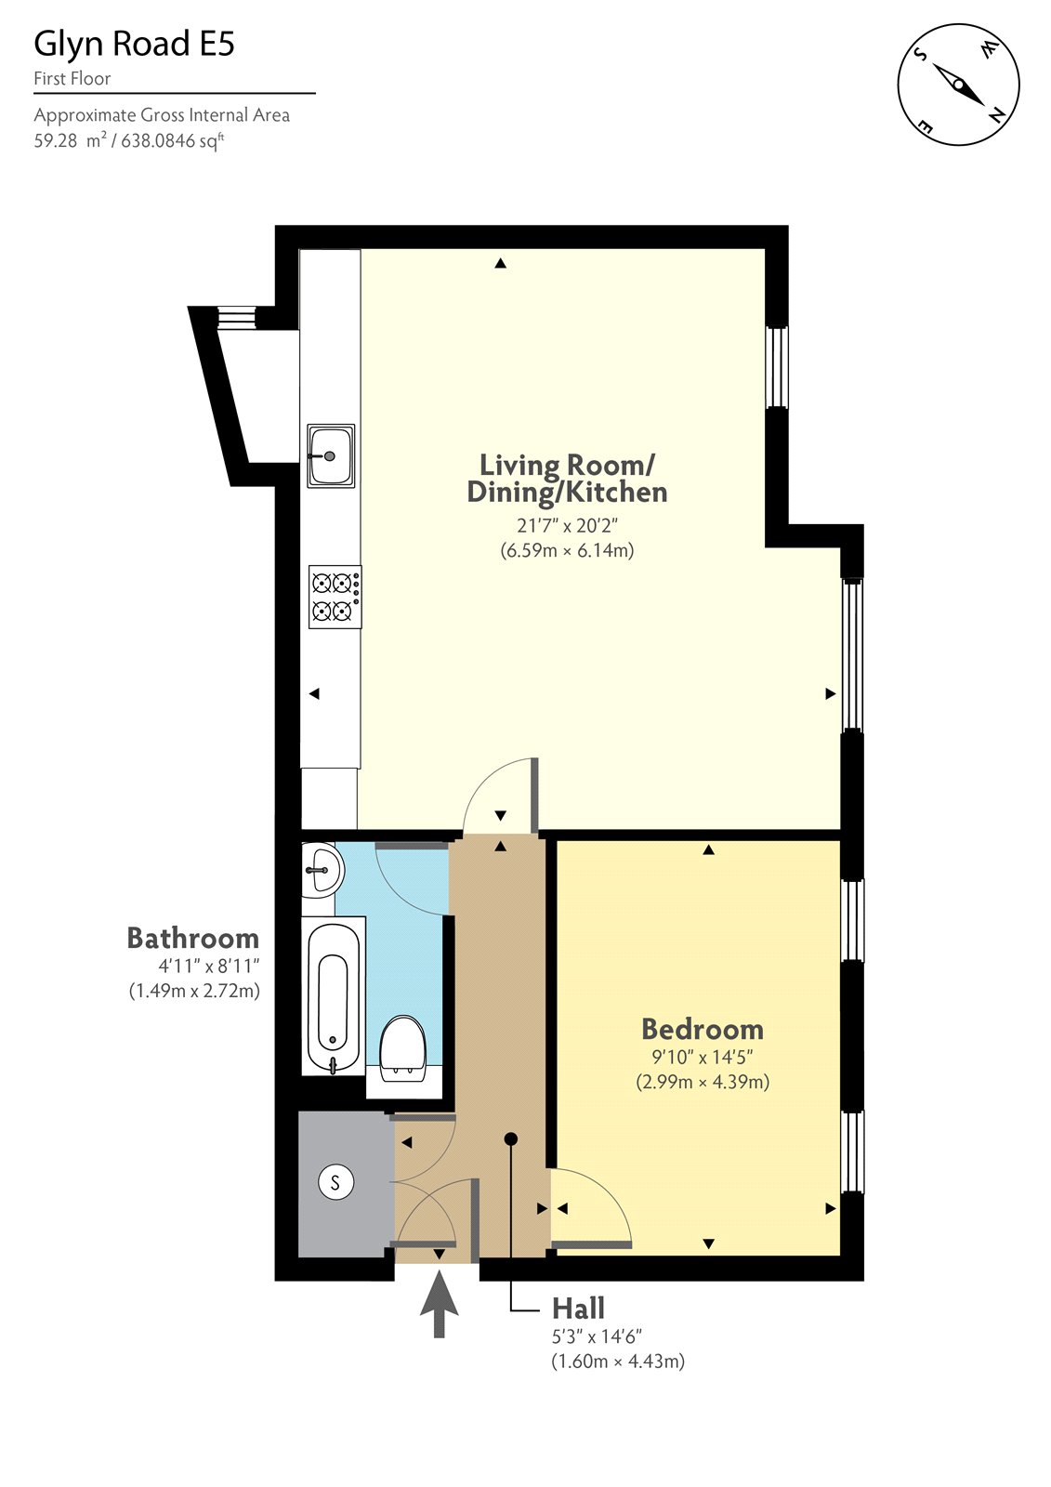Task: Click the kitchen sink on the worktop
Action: pos(331,455)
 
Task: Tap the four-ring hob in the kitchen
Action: pos(335,597)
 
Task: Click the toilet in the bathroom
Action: pos(402,1048)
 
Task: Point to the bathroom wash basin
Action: pos(321,870)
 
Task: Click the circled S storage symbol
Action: pos(335,1183)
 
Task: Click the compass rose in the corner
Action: pos(958,84)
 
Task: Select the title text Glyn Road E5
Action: pos(134,44)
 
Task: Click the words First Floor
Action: pos(72,79)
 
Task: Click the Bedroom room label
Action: pos(702,1029)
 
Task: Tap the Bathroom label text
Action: pos(192,938)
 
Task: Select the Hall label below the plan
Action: pos(578,1309)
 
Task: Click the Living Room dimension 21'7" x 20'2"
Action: pos(567,526)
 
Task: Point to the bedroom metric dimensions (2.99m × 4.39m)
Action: pos(702,1082)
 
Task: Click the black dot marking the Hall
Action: pos(510,1138)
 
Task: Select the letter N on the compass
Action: pos(996,115)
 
